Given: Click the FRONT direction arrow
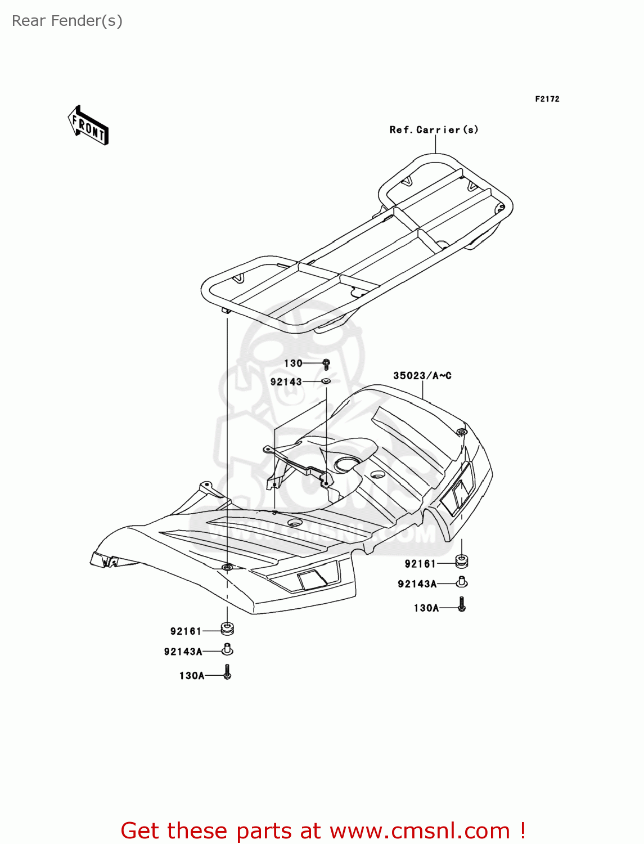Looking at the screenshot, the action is (x=88, y=125).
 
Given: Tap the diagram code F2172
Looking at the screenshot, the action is (x=547, y=99).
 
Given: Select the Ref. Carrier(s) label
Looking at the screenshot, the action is (x=434, y=129).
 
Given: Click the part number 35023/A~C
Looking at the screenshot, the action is (x=422, y=375).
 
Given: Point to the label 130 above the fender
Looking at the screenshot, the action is (x=293, y=363).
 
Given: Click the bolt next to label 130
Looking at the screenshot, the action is (x=326, y=363).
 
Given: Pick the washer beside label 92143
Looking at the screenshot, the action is (x=326, y=381).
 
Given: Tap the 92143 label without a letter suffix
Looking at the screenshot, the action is (x=286, y=382).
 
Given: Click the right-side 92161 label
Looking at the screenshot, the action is (x=420, y=564).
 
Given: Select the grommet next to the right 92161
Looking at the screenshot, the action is (x=461, y=562).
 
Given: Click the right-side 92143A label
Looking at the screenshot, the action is (x=417, y=584).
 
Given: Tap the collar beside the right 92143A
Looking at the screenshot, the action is (x=461, y=582).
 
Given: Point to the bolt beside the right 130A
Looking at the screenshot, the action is (x=462, y=604).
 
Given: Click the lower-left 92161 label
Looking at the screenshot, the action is (x=186, y=631).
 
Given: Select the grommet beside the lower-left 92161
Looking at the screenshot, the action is (x=227, y=629).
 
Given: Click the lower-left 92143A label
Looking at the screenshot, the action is (x=183, y=652).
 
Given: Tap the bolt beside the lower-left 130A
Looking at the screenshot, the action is (x=227, y=672).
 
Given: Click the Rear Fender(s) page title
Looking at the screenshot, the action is (x=67, y=21).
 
